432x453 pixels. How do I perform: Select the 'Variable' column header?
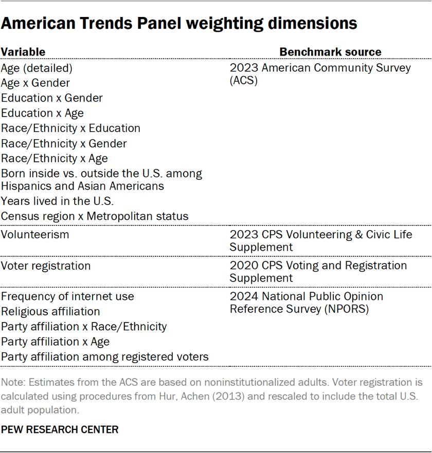23,52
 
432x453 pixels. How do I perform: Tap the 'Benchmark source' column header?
330,52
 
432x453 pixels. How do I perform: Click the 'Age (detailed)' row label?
37,68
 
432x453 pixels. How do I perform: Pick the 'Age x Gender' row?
35,83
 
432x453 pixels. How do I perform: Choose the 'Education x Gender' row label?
52,98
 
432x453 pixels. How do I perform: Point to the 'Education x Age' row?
42,113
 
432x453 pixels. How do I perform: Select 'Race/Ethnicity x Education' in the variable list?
70,128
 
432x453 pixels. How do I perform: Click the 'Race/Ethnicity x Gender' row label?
64,144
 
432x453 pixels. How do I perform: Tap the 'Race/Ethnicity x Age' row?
55,159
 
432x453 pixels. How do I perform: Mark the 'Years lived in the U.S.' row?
58,201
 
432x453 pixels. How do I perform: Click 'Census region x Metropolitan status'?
95,216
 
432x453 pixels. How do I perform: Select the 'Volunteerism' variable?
35,235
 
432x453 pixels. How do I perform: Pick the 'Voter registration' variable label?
46,266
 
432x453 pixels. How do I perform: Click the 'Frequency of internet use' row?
67,296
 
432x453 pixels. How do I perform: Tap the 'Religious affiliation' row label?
50,312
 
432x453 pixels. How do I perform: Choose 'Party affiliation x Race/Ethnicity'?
84,327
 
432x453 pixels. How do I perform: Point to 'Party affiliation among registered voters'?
105,357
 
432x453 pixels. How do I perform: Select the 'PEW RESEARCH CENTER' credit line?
60,429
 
